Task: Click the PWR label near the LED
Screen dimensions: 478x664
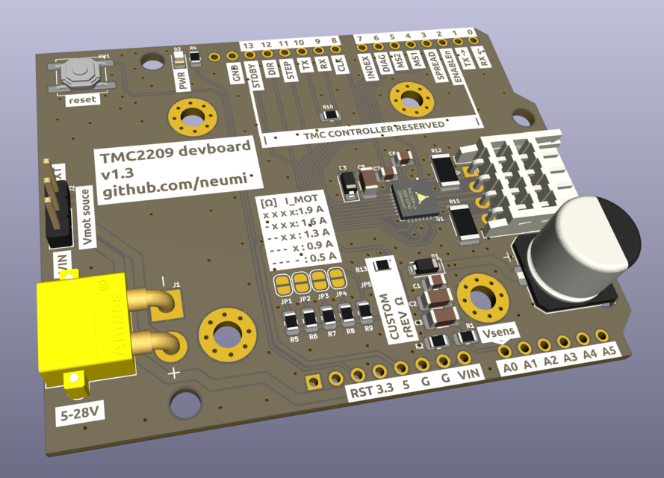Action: [181, 78]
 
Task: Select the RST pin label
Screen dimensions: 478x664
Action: [359, 393]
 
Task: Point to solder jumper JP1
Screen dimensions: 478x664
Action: [283, 283]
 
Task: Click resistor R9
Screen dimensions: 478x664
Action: [365, 312]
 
